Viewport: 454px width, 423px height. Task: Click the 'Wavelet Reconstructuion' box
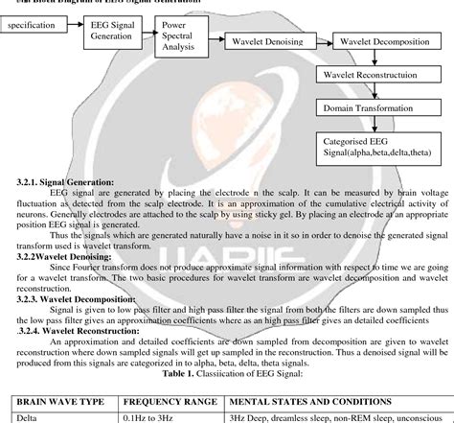[374, 74]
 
